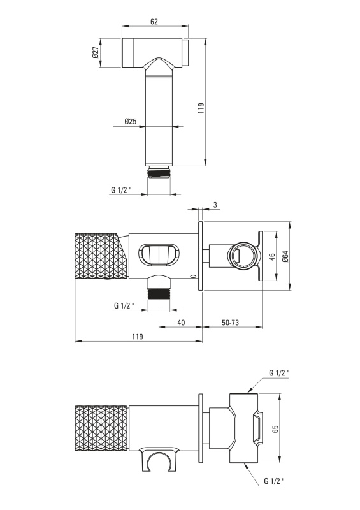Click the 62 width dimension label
coord(154,22)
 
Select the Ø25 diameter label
coord(130,121)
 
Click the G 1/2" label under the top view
coord(121,189)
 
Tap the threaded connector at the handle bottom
coord(159,172)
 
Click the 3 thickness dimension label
coord(215,205)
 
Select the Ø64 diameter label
coord(285,256)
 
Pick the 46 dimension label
coord(273,257)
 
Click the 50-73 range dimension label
coord(230,323)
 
